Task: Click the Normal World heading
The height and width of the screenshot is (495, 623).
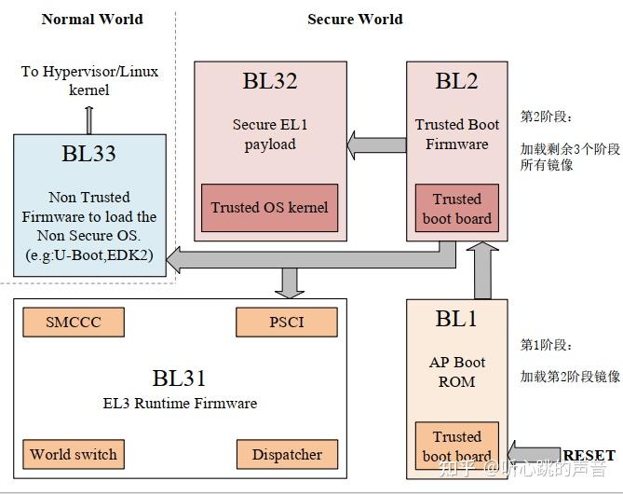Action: pyautogui.click(x=92, y=19)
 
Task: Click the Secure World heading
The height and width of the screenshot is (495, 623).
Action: pyautogui.click(x=355, y=19)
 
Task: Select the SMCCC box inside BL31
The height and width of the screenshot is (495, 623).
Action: pyautogui.click(x=73, y=323)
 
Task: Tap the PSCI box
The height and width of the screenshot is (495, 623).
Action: pyautogui.click(x=286, y=323)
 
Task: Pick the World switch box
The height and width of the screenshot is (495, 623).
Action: pyautogui.click(x=74, y=455)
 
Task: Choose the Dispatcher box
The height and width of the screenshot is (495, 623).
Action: pyautogui.click(x=286, y=455)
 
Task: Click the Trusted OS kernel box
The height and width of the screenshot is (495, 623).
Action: pyautogui.click(x=269, y=207)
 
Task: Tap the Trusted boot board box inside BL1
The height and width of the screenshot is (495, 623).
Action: pyautogui.click(x=456, y=446)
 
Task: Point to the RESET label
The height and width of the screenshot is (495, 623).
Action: pyautogui.click(x=589, y=455)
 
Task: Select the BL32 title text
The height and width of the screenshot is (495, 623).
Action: pyautogui.click(x=270, y=81)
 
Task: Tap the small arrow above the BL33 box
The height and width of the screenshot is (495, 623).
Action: pyautogui.click(x=88, y=119)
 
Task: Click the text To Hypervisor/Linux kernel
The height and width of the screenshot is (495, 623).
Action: pyautogui.click(x=89, y=81)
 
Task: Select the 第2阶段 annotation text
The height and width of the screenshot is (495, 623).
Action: pyautogui.click(x=546, y=117)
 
